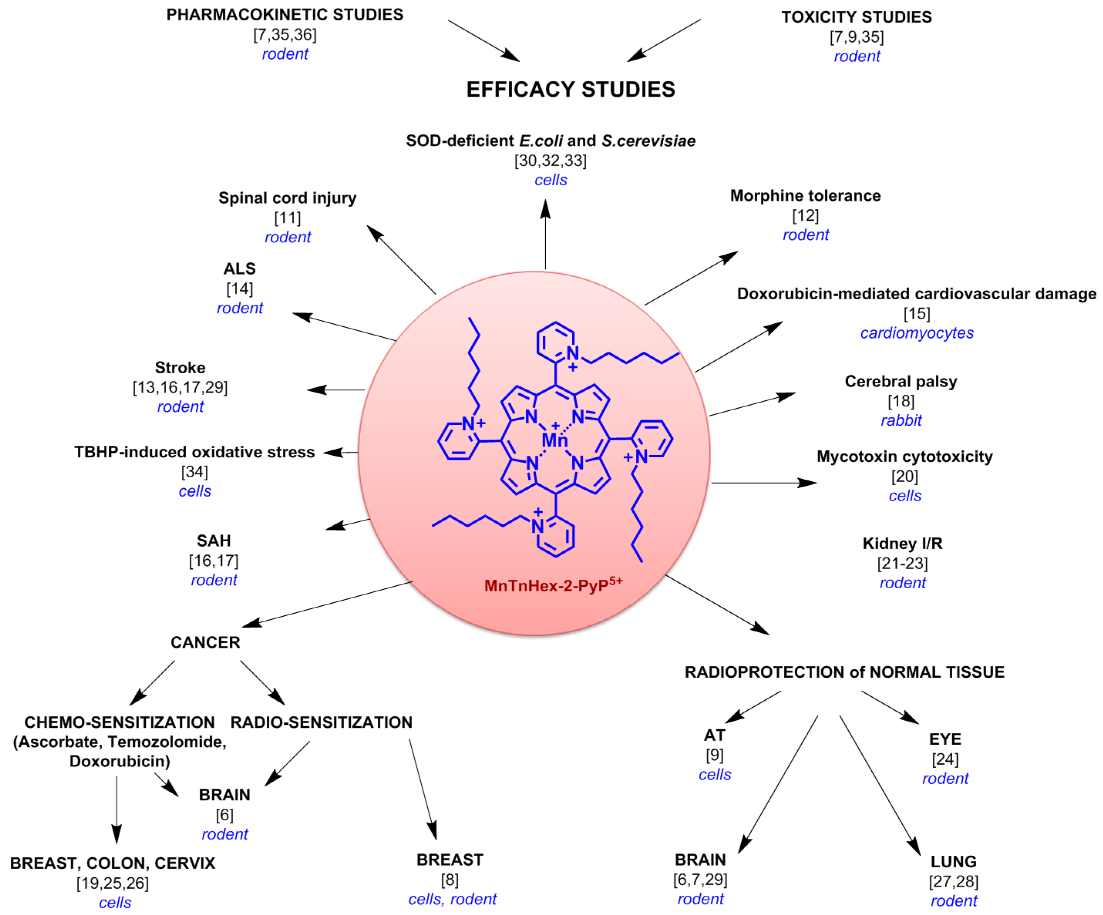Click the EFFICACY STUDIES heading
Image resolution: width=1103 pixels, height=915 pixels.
click(570, 90)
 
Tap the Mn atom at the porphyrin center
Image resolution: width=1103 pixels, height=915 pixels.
click(555, 440)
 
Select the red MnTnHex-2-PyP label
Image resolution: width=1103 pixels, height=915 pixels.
click(553, 585)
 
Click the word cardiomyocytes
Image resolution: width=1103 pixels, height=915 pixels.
click(916, 333)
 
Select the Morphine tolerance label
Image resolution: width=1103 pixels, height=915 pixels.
click(805, 196)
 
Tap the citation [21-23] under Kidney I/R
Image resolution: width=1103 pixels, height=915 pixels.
click(902, 563)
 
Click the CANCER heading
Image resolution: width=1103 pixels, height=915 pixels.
click(205, 643)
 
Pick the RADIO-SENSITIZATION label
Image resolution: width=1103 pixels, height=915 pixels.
click(321, 722)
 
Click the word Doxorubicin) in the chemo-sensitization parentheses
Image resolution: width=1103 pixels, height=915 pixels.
click(120, 761)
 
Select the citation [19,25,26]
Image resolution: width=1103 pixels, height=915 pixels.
click(113, 883)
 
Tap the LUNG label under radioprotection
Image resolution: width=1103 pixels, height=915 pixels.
click(953, 861)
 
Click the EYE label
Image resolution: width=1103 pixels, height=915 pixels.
click(945, 739)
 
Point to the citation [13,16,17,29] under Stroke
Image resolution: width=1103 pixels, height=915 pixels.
click(180, 388)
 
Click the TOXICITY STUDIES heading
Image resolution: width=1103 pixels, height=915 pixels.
click(857, 17)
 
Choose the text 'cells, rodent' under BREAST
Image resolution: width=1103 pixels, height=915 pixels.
click(452, 899)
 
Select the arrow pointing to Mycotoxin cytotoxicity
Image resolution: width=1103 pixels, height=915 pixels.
click(764, 482)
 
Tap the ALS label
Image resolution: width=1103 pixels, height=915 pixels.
click(239, 269)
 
